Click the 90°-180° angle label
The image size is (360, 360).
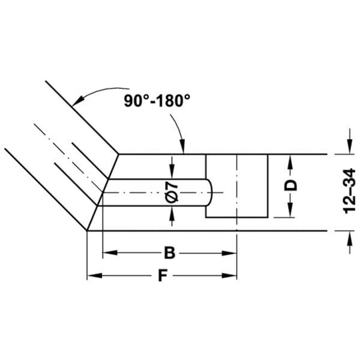coord(157,101)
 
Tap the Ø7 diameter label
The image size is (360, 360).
coord(172,192)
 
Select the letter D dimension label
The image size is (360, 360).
coord(290,185)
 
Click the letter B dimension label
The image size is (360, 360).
coord(170,253)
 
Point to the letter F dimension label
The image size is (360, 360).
coord(163,275)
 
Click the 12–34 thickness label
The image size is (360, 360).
coord(349,191)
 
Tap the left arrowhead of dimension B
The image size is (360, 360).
coord(110,253)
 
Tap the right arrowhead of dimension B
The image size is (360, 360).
coord(229,253)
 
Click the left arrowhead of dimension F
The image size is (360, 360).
coord(94,275)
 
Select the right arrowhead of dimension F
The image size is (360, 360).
coord(229,275)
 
